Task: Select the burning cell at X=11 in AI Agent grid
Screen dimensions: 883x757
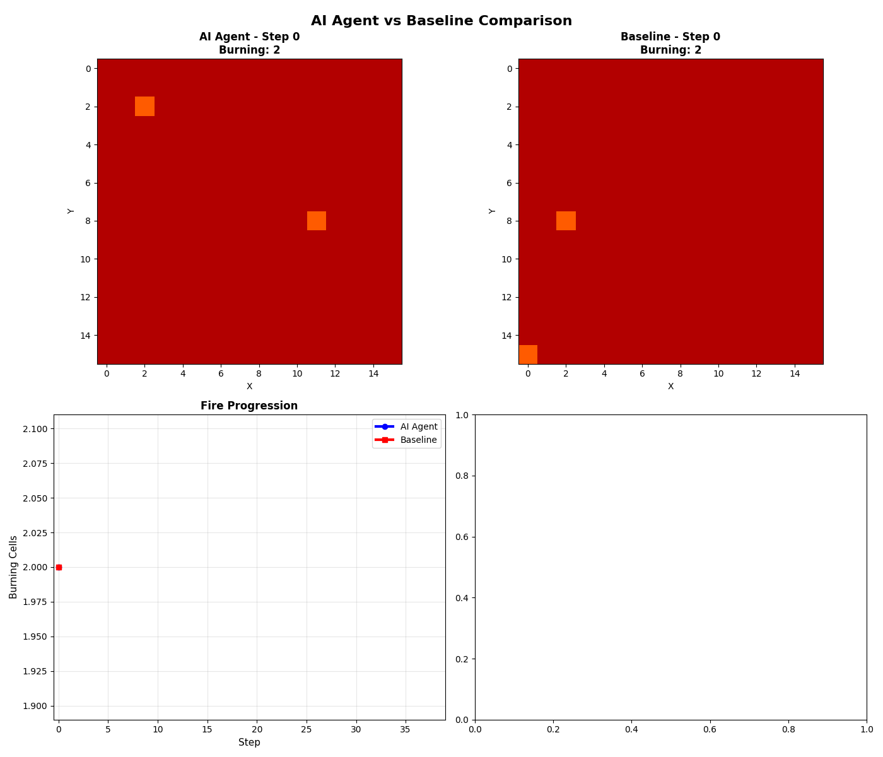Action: [316, 221]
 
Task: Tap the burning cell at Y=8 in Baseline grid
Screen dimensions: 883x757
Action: [566, 221]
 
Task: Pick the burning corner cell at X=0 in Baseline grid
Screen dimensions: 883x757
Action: [528, 355]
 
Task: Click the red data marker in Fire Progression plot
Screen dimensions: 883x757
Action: [59, 567]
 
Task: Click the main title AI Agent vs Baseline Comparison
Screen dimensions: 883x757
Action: [441, 21]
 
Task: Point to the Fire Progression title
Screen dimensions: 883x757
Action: [249, 406]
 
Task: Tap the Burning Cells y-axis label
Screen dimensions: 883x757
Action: [13, 567]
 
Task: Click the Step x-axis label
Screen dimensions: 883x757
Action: [249, 742]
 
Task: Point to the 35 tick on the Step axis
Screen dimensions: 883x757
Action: [405, 729]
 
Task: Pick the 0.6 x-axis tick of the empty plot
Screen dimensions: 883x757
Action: [710, 729]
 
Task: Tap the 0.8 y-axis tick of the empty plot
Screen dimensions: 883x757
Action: [462, 476]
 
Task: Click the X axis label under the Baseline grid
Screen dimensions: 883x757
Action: [670, 386]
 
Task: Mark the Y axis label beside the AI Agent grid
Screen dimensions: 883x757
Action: [71, 211]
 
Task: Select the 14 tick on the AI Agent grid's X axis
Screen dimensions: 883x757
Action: [373, 373]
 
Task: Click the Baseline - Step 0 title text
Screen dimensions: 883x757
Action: [670, 37]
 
